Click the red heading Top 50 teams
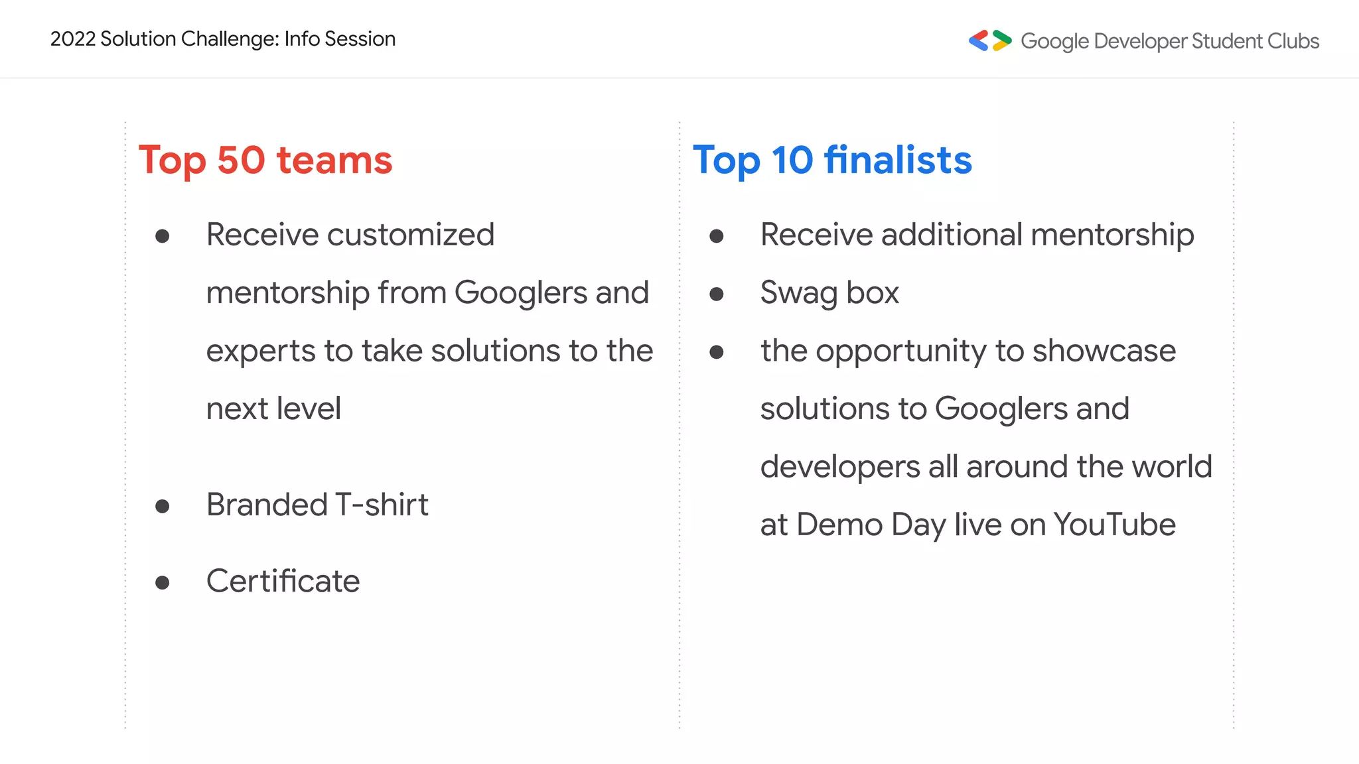(265, 160)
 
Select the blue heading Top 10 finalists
(832, 160)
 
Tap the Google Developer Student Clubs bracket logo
(989, 40)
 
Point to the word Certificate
(283, 581)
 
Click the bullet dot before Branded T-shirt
(162, 507)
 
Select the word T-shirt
(382, 505)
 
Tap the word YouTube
(1114, 525)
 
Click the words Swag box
(829, 293)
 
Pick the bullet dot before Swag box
(716, 294)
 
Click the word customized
(411, 235)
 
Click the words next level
(273, 409)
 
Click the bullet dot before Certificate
(162, 583)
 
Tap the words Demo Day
(871, 525)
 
